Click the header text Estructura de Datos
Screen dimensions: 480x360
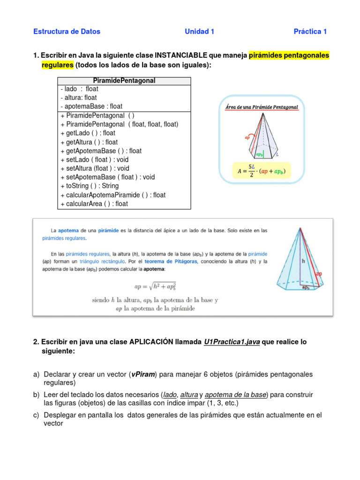point(67,31)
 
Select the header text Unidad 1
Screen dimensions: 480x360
point(199,31)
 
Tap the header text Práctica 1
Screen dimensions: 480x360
point(310,31)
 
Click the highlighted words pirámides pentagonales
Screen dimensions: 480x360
point(289,55)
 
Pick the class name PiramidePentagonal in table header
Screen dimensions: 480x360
point(124,81)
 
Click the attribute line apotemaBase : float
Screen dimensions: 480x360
point(91,106)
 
